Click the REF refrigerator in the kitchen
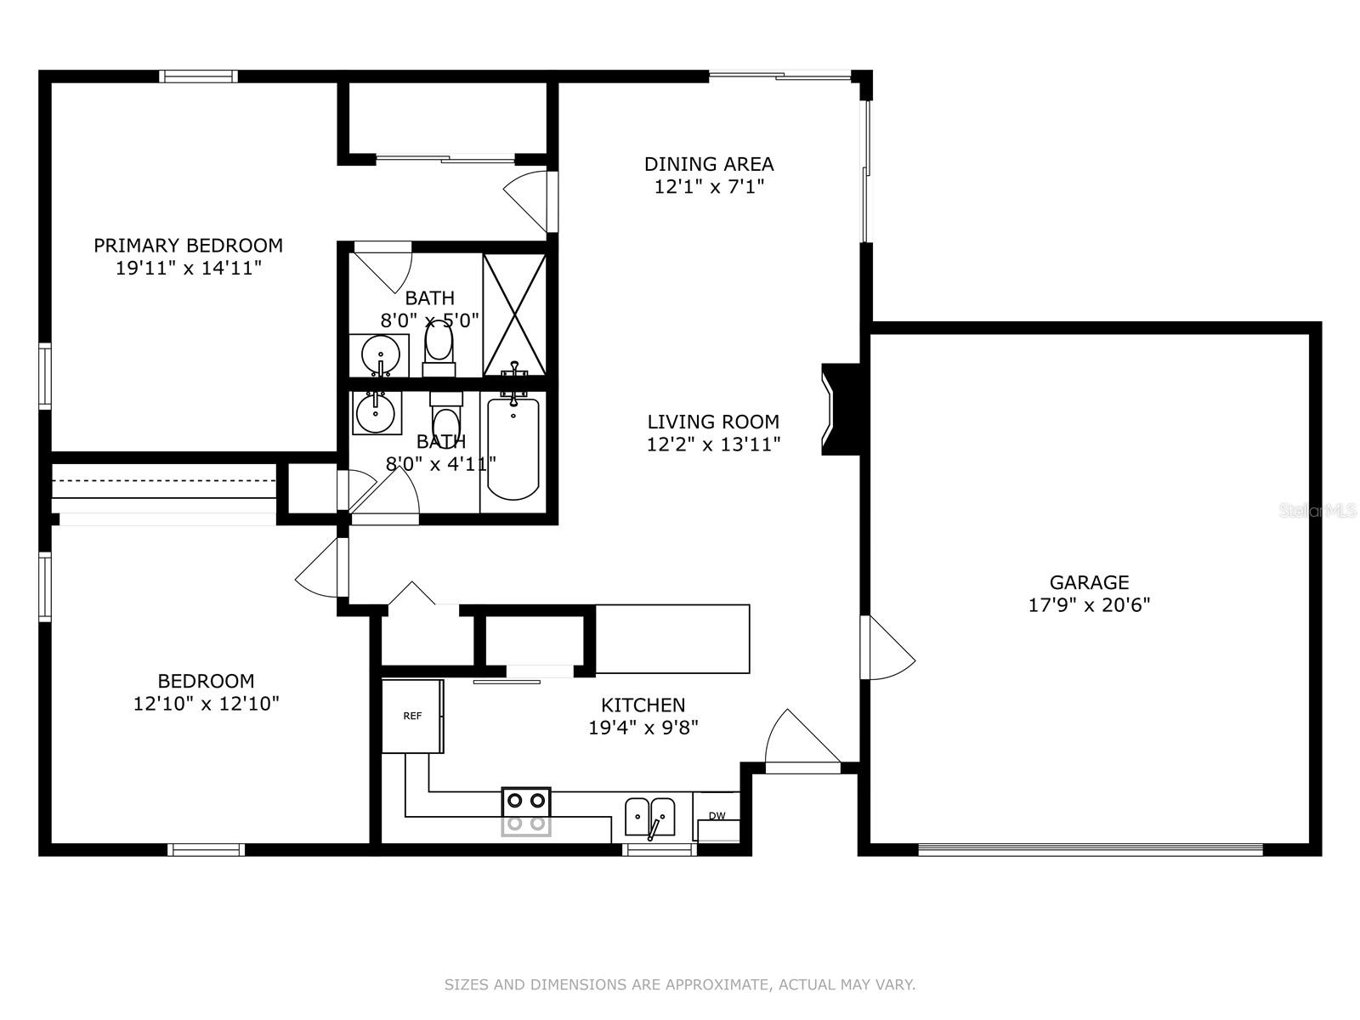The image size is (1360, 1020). [x=412, y=716]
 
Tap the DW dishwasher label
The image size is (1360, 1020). [x=717, y=816]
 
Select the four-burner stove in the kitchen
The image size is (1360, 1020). [x=526, y=811]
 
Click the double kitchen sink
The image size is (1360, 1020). [x=649, y=818]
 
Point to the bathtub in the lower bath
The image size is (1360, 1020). [x=513, y=449]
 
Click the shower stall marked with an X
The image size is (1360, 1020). [x=514, y=314]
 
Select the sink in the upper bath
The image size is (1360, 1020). [x=380, y=355]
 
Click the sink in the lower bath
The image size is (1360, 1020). [x=376, y=412]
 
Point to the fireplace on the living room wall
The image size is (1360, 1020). [x=841, y=410]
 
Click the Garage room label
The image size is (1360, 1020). [x=1089, y=582]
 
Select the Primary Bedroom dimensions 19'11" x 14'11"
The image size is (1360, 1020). [x=189, y=268]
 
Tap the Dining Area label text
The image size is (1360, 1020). [x=709, y=164]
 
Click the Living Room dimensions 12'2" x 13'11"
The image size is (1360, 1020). [x=714, y=444]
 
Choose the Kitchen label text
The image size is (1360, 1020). [x=643, y=705]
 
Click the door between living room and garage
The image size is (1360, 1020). [x=887, y=647]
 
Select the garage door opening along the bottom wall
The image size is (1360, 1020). [x=1091, y=850]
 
